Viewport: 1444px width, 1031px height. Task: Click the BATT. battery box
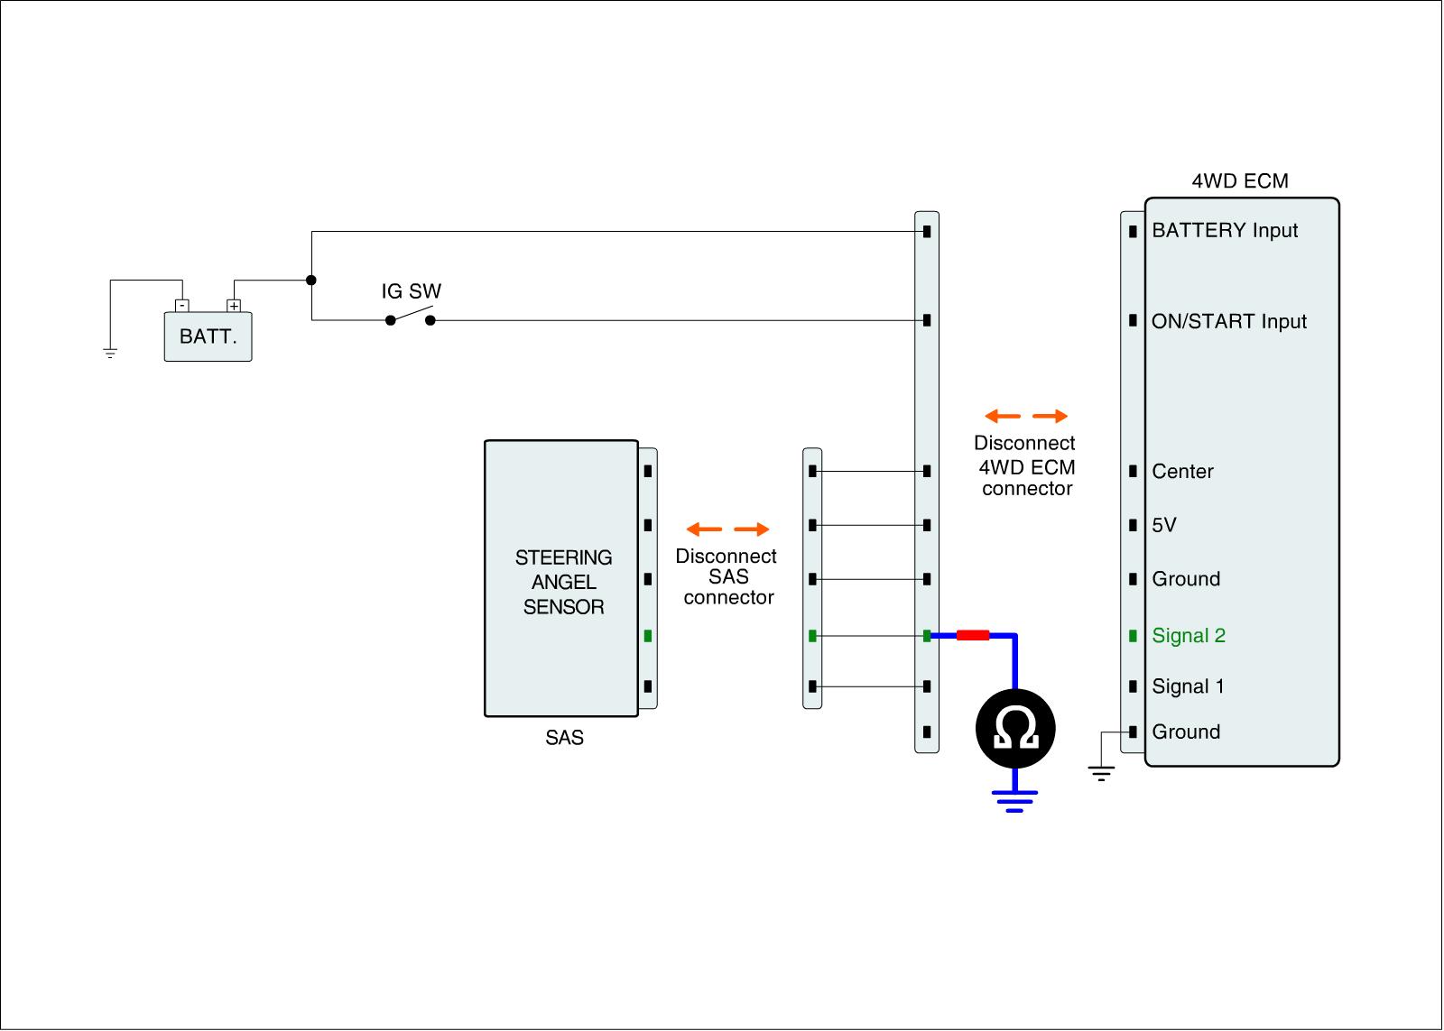pyautogui.click(x=208, y=336)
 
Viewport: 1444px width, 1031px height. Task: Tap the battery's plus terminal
pyautogui.click(x=234, y=306)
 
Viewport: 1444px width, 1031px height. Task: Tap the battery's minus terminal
pyautogui.click(x=181, y=306)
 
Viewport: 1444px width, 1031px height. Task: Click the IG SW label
pyautogui.click(x=411, y=291)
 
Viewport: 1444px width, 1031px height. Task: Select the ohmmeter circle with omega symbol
pyautogui.click(x=1015, y=729)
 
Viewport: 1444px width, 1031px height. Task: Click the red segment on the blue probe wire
pyautogui.click(x=973, y=636)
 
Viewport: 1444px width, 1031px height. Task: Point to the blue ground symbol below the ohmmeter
pyautogui.click(x=1015, y=800)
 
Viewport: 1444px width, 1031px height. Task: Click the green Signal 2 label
pyautogui.click(x=1189, y=636)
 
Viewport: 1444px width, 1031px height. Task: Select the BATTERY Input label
pyautogui.click(x=1225, y=231)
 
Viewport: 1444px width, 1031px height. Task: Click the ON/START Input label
pyautogui.click(x=1229, y=322)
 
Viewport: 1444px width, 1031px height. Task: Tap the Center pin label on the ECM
pyautogui.click(x=1182, y=472)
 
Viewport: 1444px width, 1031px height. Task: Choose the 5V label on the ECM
pyautogui.click(x=1164, y=526)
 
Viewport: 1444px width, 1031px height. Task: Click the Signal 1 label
pyautogui.click(x=1188, y=687)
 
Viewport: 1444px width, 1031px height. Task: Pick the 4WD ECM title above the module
pyautogui.click(x=1240, y=181)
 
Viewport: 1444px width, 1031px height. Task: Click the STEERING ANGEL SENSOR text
pyautogui.click(x=563, y=583)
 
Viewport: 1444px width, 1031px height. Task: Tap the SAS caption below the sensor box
pyautogui.click(x=564, y=738)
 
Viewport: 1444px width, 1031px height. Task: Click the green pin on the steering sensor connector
pyautogui.click(x=648, y=636)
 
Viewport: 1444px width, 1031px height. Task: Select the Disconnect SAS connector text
pyautogui.click(x=727, y=577)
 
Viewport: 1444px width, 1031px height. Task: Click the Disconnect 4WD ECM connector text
pyautogui.click(x=1025, y=466)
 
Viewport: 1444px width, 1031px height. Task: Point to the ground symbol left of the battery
pyautogui.click(x=110, y=353)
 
